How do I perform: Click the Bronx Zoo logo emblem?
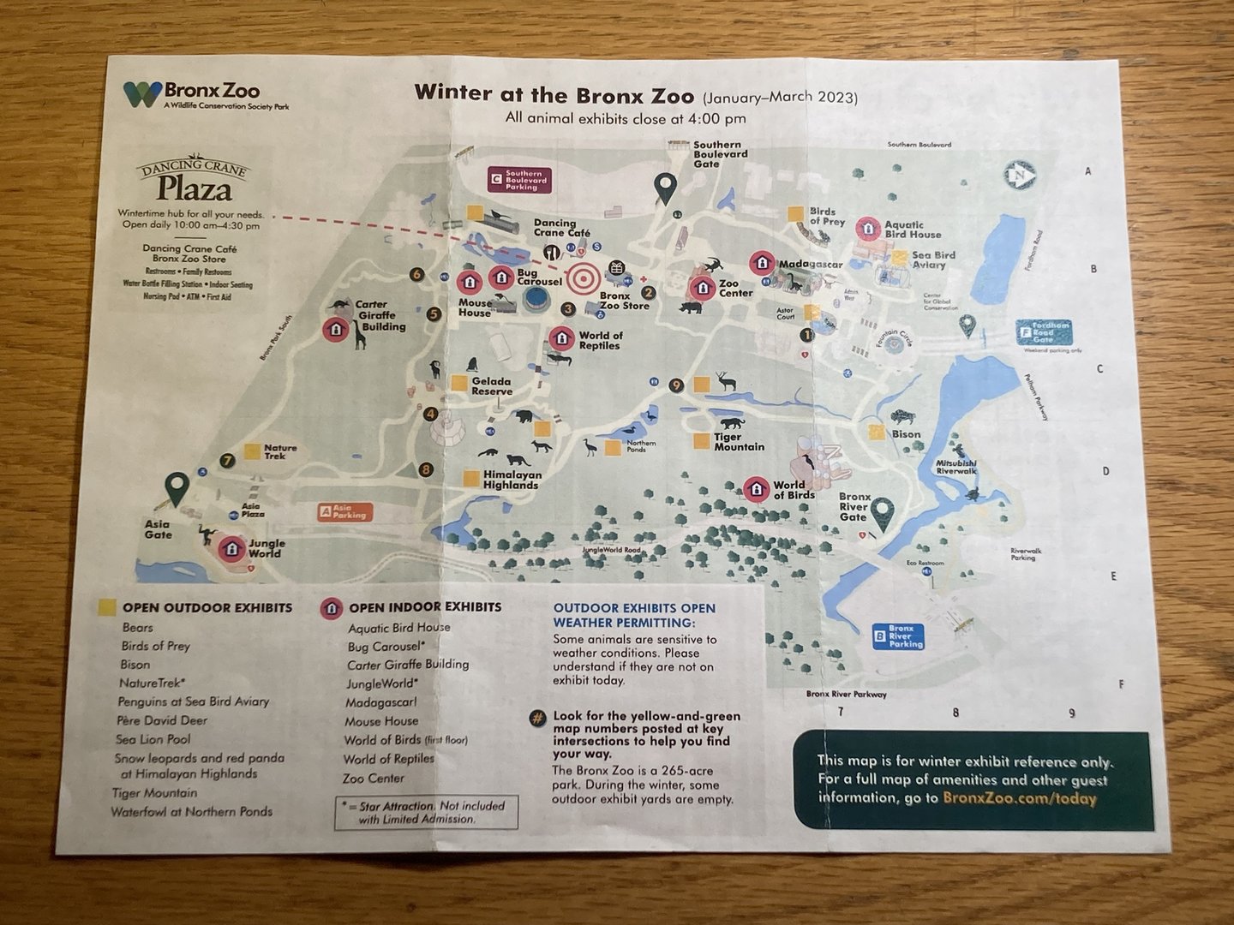[141, 94]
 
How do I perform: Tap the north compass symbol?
[1020, 176]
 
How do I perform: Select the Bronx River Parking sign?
[898, 636]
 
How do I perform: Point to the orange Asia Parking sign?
[343, 512]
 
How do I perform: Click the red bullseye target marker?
[584, 277]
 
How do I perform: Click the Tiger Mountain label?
[739, 442]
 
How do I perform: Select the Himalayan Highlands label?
[512, 480]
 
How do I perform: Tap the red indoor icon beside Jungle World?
[231, 548]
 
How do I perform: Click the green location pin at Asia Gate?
[177, 488]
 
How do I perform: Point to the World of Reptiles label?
[600, 341]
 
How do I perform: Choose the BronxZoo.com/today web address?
[1019, 798]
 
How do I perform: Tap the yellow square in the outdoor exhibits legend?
[107, 607]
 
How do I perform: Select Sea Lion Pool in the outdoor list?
[153, 739]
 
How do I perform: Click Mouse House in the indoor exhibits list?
[381, 721]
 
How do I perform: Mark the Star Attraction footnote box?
[426, 812]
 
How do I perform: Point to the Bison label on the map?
[906, 434]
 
